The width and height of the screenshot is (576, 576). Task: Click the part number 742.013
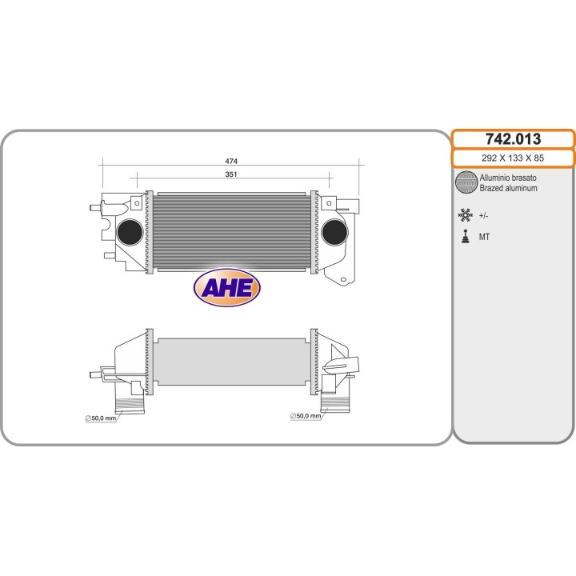point(512,139)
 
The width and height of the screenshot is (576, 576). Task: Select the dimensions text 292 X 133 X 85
point(512,158)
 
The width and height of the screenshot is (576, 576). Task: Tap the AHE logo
point(228,287)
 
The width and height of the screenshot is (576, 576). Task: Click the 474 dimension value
point(231,161)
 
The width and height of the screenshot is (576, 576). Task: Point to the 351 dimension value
point(231,174)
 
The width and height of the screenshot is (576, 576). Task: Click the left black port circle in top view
point(130,232)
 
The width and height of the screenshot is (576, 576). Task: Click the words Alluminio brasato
point(508,178)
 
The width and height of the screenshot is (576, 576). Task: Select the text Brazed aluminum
point(508,188)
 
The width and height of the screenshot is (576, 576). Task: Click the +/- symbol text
point(484,215)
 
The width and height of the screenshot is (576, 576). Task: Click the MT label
point(485,238)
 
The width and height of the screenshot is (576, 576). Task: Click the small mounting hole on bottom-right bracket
point(343,280)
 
